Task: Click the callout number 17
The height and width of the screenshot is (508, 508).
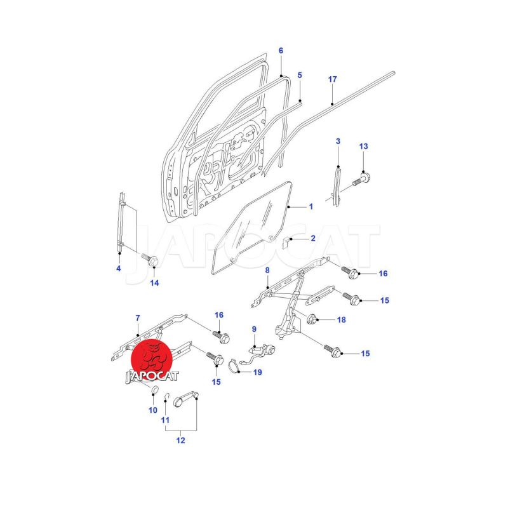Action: pos(332,79)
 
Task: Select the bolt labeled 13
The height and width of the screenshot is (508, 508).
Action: pos(361,180)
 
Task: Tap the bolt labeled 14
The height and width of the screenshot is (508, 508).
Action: pos(150,260)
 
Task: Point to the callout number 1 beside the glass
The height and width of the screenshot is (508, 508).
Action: pos(311,206)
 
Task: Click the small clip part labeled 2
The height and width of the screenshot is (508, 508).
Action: pos(286,242)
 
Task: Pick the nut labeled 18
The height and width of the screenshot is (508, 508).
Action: pos(312,319)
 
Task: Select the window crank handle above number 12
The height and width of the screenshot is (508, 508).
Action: pos(186,399)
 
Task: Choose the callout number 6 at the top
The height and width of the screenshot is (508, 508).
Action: pos(281,51)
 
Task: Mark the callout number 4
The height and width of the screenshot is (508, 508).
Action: pos(119,268)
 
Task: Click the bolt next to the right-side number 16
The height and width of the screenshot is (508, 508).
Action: pos(350,273)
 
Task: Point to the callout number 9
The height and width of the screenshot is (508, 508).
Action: pos(254,329)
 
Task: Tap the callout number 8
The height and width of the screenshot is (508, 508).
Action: pos(267,271)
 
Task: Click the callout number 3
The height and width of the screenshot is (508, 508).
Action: pos(338,141)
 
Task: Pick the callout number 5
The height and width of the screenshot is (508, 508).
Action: pos(300,75)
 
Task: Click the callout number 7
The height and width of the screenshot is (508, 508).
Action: pos(138,318)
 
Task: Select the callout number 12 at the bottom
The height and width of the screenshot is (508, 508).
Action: pos(181,440)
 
